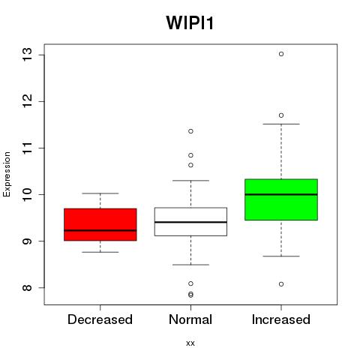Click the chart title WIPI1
click(x=190, y=22)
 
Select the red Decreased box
click(x=100, y=224)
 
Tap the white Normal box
click(x=190, y=221)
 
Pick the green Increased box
click(x=281, y=199)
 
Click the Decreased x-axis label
click(x=100, y=319)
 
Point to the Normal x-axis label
click(x=190, y=319)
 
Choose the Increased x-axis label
click(x=281, y=319)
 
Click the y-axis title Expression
click(x=7, y=174)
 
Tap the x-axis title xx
click(x=190, y=343)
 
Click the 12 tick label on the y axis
click(x=27, y=101)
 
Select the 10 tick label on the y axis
click(x=27, y=194)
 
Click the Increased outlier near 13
click(x=281, y=54)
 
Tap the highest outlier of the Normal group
click(x=190, y=131)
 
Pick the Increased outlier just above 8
click(x=281, y=284)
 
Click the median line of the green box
click(x=281, y=194)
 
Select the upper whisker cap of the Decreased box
click(x=100, y=193)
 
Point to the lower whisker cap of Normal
click(x=190, y=265)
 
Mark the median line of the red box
click(x=100, y=230)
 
